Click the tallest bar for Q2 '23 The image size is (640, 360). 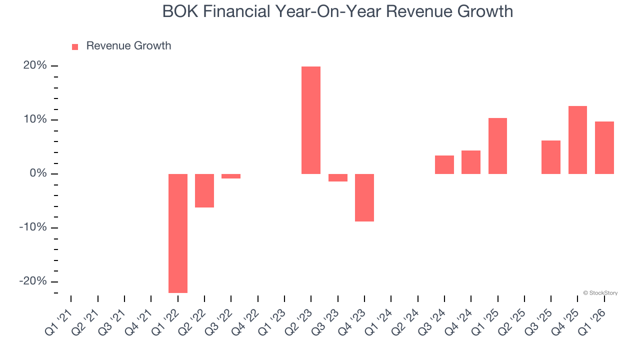click(311, 120)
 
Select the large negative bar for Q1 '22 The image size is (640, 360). click(178, 233)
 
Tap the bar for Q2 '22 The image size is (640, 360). click(204, 190)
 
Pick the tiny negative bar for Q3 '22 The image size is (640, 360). click(231, 176)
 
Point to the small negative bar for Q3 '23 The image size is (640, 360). click(338, 177)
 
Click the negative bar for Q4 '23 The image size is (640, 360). click(364, 197)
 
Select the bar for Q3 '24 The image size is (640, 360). click(444, 165)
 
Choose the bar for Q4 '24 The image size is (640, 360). click(471, 162)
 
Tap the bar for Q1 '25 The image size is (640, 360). click(497, 146)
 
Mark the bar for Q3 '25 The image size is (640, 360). click(551, 157)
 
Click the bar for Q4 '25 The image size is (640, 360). click(577, 140)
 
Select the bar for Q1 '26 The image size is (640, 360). click(604, 147)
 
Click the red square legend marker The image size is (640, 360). click(75, 46)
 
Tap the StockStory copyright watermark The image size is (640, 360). click(600, 293)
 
